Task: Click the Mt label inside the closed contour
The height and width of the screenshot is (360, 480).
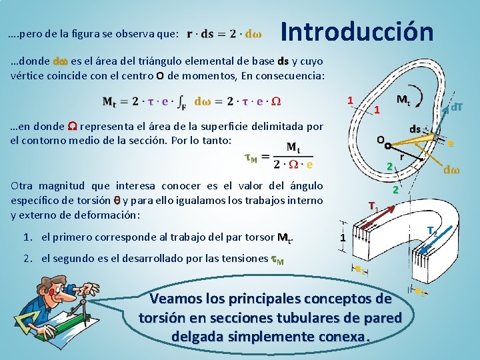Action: coord(403,100)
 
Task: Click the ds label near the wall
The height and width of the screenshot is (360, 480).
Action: coord(415,128)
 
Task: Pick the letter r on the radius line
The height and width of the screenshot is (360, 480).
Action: coord(402,156)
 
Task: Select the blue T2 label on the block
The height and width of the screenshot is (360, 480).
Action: coord(432,231)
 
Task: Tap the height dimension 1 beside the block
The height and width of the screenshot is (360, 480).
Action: coord(342,238)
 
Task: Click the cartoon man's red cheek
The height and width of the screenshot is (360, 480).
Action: coord(51,293)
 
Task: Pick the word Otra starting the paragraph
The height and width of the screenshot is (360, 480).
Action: coord(23,185)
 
